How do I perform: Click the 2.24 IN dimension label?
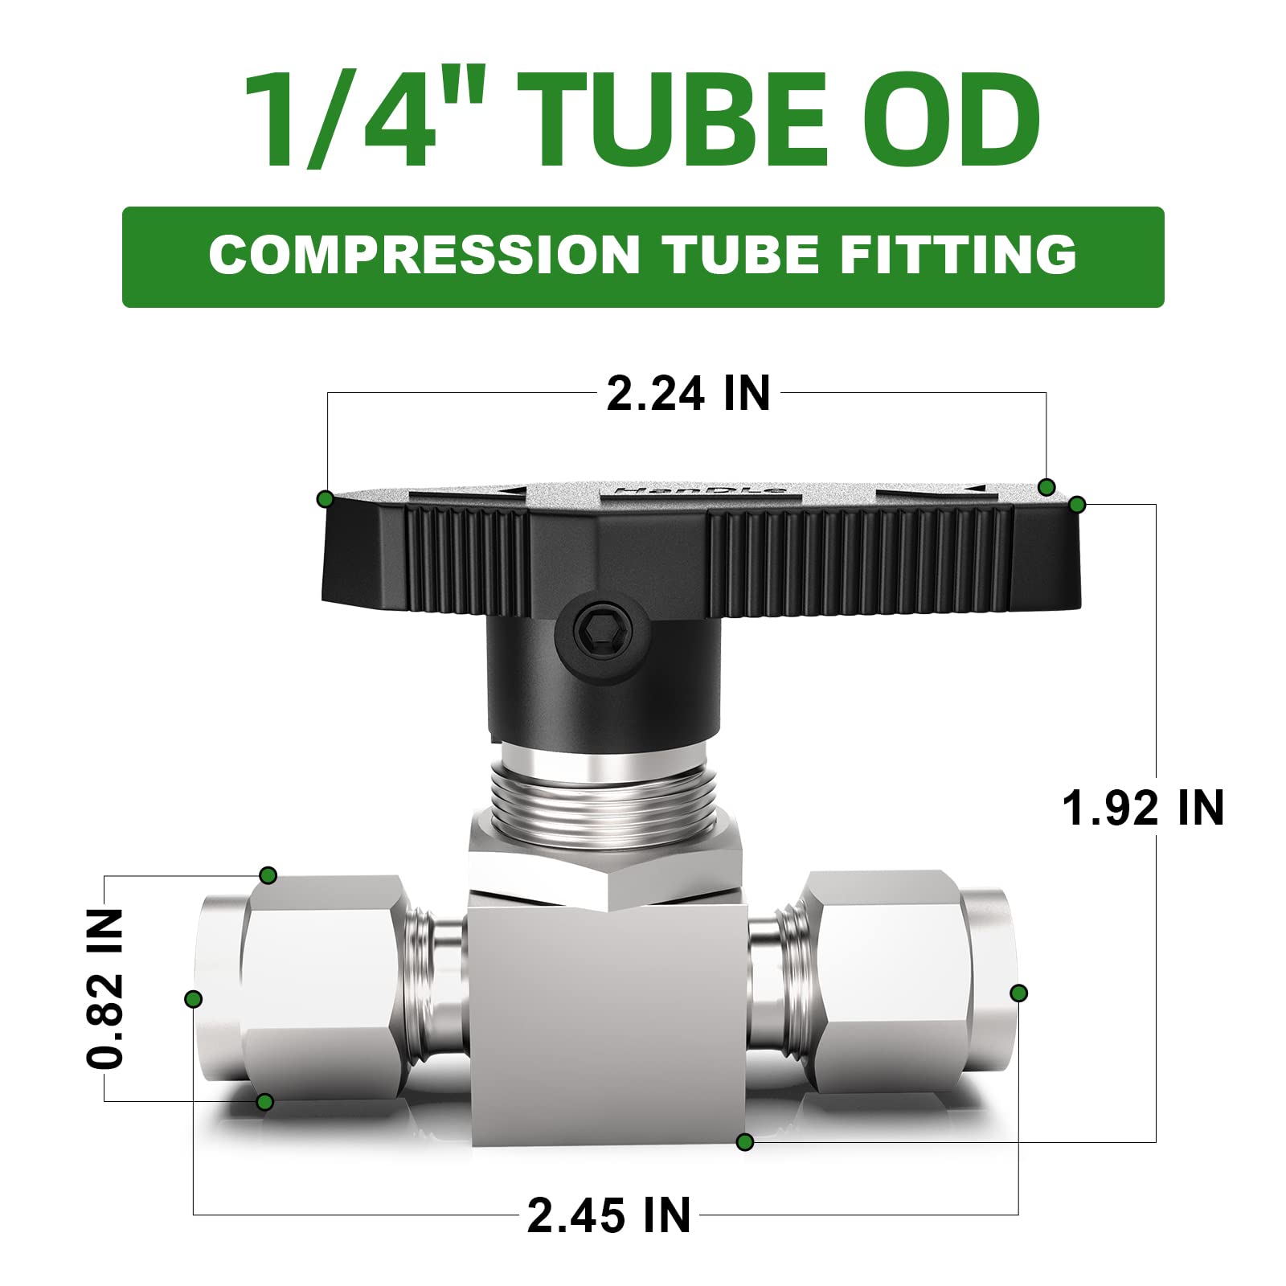[x=688, y=394]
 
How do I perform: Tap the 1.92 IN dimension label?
[x=1142, y=808]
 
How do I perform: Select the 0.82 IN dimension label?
[x=105, y=988]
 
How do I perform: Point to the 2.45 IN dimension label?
[x=608, y=1214]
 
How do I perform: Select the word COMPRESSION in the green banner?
[x=424, y=255]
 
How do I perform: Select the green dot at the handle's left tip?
[x=325, y=499]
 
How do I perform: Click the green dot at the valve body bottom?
[x=745, y=1141]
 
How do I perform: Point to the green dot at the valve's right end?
[x=1018, y=993]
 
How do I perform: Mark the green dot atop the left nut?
[x=268, y=875]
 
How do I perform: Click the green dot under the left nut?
[x=264, y=1102]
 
